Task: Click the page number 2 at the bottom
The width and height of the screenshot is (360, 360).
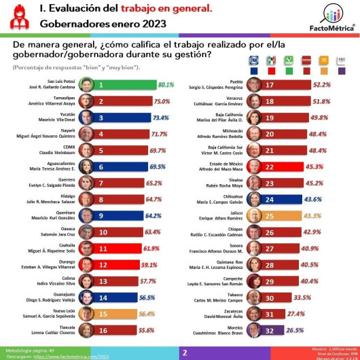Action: pyautogui.click(x=184, y=353)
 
